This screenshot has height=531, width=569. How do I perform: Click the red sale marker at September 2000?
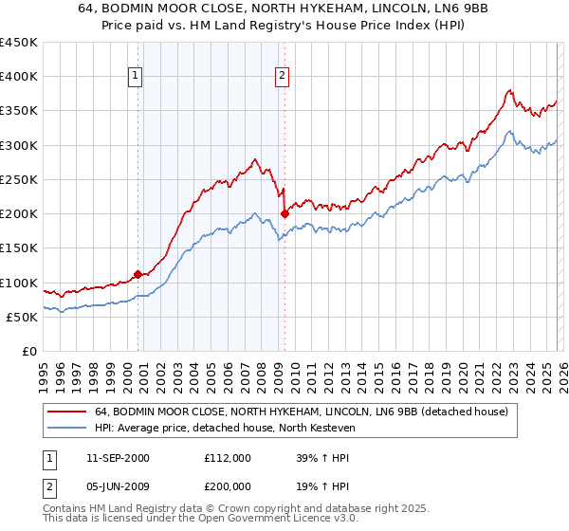[138, 274]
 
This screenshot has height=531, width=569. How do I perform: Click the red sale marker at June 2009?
[284, 213]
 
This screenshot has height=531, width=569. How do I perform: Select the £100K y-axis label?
[19, 283]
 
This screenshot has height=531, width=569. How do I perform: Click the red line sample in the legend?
[67, 412]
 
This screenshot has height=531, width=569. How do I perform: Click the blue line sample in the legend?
[67, 428]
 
